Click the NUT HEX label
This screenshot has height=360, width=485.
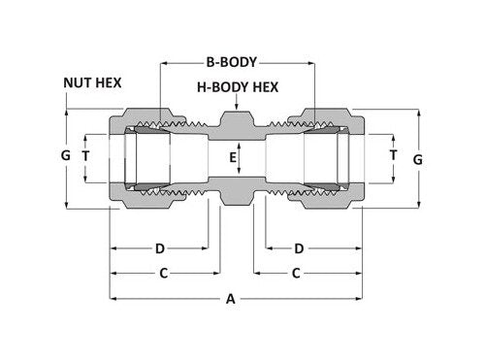coord(92,82)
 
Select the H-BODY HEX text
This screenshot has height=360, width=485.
coord(238,87)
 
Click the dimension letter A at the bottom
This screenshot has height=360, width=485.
coord(231,300)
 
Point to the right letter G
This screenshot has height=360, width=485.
coord(418,157)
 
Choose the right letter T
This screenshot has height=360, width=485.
coord(392,155)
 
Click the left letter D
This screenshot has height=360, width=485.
coord(160,248)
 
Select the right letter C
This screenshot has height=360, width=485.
coord(295,274)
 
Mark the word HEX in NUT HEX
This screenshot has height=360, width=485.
coord(108,82)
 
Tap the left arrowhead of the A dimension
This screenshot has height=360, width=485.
coord(113,299)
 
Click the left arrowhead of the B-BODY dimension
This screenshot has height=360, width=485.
coord(165,61)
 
